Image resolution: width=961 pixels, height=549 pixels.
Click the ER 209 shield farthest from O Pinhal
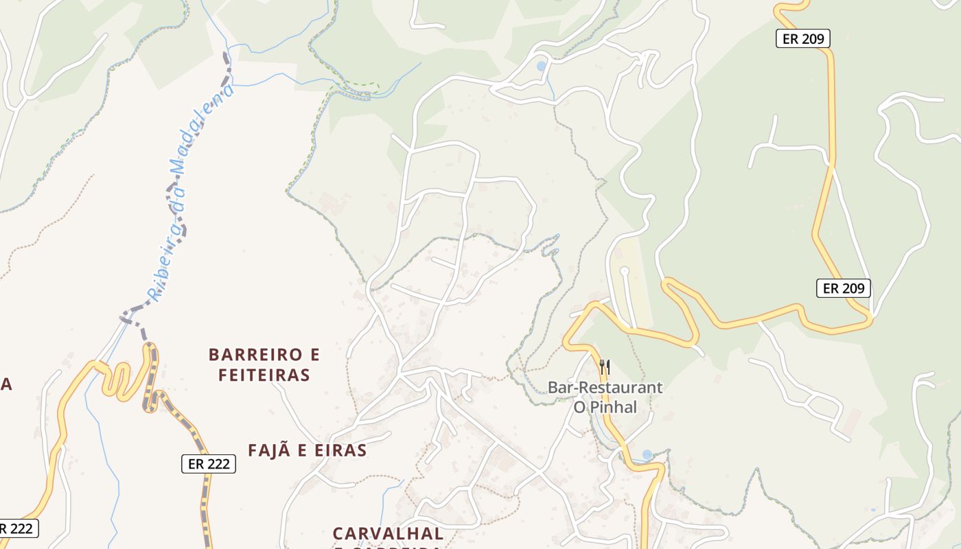point(802,39)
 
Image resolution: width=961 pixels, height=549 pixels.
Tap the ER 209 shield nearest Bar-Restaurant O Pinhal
point(843,288)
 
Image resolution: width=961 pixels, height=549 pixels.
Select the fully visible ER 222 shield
point(209,464)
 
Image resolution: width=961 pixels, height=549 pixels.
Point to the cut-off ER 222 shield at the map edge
point(16,528)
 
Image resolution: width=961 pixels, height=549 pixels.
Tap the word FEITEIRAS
point(264,375)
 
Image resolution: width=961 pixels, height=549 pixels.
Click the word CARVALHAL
point(388,533)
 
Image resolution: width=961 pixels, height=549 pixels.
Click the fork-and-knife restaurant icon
point(605,367)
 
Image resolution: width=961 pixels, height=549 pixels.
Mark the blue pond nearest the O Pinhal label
point(647,455)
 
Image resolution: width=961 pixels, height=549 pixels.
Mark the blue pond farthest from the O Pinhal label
point(542,67)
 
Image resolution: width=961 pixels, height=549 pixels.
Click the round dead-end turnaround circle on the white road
point(624,271)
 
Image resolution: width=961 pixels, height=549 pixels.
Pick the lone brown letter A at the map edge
point(6,385)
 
